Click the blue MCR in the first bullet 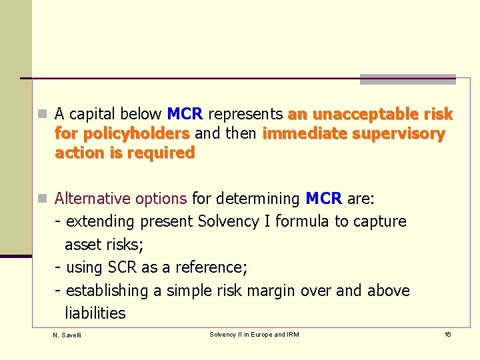tap(185, 114)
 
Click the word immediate tap(303, 133)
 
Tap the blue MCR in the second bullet tap(323, 199)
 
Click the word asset tap(83, 245)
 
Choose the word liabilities tap(95, 313)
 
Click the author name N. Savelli tap(67, 335)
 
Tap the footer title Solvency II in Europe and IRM tap(254, 334)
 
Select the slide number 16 tap(447, 334)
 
